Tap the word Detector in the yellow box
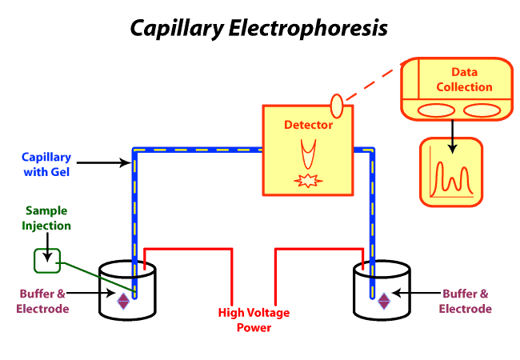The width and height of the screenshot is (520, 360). coord(308,126)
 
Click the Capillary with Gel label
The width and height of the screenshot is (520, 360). coord(46,164)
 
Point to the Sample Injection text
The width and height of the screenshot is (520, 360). coord(47,218)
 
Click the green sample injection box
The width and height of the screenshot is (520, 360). coord(46,259)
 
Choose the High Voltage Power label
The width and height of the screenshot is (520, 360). coord(254,319)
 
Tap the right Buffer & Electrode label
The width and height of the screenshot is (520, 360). coord(465,302)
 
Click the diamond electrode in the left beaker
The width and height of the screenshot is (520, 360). coord(124,300)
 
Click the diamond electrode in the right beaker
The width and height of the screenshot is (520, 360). coord(384,300)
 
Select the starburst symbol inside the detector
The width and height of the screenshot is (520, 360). coord(307,181)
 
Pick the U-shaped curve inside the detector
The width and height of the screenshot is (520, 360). coord(307,153)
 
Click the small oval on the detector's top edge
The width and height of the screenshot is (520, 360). coord(337,104)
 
